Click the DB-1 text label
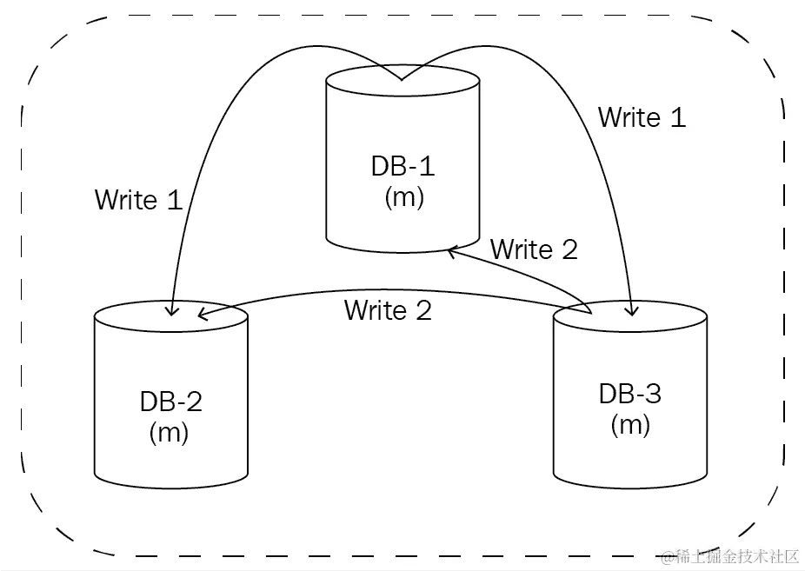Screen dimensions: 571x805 (402, 166)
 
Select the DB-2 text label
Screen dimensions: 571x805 (170, 402)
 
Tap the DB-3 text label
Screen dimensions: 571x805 (629, 394)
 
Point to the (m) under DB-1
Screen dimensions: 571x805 (403, 197)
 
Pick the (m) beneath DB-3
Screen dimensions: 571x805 (630, 425)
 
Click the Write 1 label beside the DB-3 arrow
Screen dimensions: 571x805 (642, 117)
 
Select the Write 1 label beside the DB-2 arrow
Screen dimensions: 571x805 (138, 200)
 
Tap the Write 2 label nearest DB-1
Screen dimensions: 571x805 (534, 249)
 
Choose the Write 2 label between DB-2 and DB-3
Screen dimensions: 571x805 (388, 310)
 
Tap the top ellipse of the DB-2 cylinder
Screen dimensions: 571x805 (170, 317)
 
